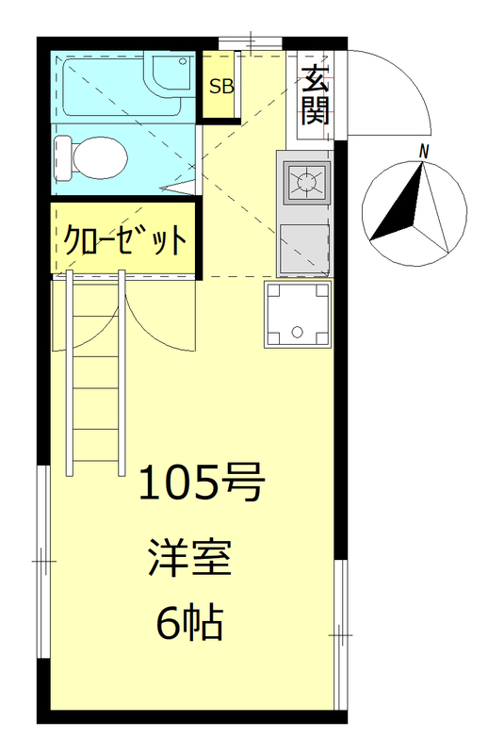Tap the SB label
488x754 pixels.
(x=221, y=88)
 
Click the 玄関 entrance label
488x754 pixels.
(x=314, y=95)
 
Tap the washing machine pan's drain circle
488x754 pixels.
(x=298, y=331)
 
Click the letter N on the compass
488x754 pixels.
(x=425, y=151)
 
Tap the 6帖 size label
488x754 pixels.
(x=188, y=623)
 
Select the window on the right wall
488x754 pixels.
(x=341, y=635)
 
